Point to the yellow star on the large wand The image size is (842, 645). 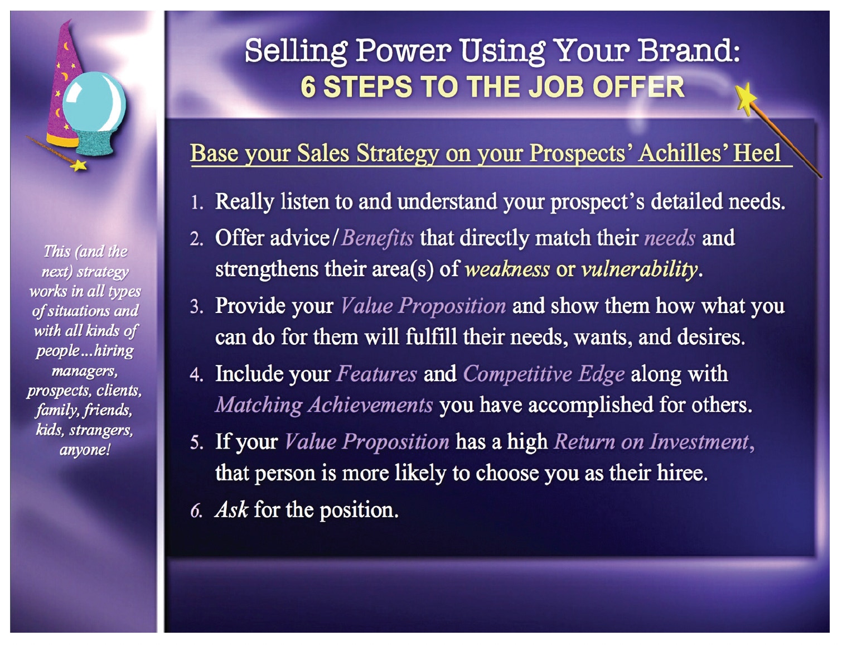pos(746,99)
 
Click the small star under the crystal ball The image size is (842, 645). pos(79,166)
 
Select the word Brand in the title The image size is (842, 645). pos(689,51)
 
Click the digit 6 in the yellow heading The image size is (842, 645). pos(308,86)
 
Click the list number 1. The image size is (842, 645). pos(196,203)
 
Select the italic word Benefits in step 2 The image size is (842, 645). pos(378,238)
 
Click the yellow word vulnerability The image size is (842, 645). pos(640,268)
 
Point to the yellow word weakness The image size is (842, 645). pos(507,269)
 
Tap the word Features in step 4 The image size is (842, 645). pos(376,374)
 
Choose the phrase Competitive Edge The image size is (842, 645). pos(544,374)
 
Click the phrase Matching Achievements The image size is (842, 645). pos(324,405)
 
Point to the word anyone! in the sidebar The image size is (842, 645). pos(85,450)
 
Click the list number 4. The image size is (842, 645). pos(196,375)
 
